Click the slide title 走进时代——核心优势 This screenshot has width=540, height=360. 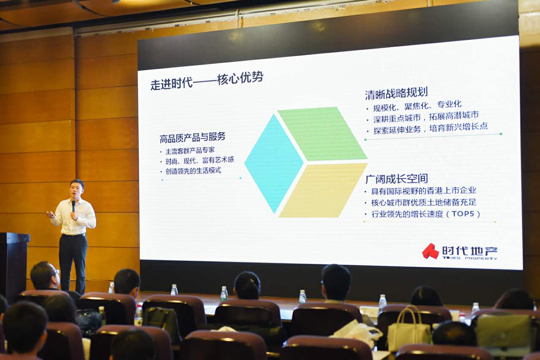click(x=207, y=81)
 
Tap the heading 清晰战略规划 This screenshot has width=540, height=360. click(x=396, y=94)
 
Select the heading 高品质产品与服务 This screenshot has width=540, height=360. click(x=192, y=137)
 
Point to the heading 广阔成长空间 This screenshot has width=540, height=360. click(x=397, y=179)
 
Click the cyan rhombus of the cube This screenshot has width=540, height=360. click(x=274, y=164)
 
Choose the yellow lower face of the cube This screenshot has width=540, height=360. click(x=324, y=191)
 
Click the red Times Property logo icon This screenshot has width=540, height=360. click(x=430, y=251)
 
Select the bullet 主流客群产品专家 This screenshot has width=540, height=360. click(x=190, y=150)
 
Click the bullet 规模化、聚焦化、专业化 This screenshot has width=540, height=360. click(x=417, y=106)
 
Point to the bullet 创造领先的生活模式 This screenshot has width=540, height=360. click(x=193, y=171)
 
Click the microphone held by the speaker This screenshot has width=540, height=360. click(x=74, y=206)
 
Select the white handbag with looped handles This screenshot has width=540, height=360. click(x=409, y=329)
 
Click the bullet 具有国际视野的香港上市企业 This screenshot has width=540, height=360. click(x=424, y=191)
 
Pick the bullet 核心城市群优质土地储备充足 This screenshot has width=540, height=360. click(x=424, y=202)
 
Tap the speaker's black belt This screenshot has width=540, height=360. click(x=74, y=235)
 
